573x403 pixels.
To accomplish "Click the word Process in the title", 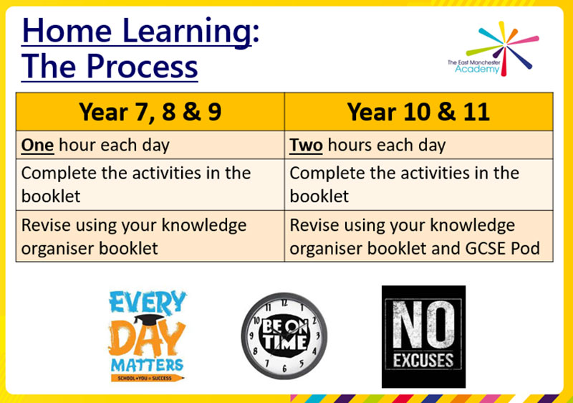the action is coord(142,67).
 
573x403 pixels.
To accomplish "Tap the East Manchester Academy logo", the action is coord(493,49).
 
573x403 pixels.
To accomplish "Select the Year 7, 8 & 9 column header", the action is coord(150,112).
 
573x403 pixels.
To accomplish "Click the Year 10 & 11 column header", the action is coord(418,112).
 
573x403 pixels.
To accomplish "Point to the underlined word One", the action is coord(38,145).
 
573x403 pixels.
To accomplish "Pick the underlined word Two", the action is coord(306,145).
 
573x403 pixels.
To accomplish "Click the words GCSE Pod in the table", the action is coord(503,249).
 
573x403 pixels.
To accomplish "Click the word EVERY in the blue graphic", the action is coord(148,303).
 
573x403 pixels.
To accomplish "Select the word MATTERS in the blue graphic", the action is coord(148,365).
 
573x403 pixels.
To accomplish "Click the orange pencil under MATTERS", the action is coord(148,378).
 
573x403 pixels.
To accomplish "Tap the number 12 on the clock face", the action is coord(284,303).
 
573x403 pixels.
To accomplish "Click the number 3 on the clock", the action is coord(317,335).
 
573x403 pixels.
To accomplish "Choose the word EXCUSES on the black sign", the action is coord(423,361).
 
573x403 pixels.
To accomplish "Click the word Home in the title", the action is coord(67,31).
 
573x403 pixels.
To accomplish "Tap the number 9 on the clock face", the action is coord(251,336).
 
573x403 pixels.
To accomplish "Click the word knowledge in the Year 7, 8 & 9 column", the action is coord(204,226).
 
